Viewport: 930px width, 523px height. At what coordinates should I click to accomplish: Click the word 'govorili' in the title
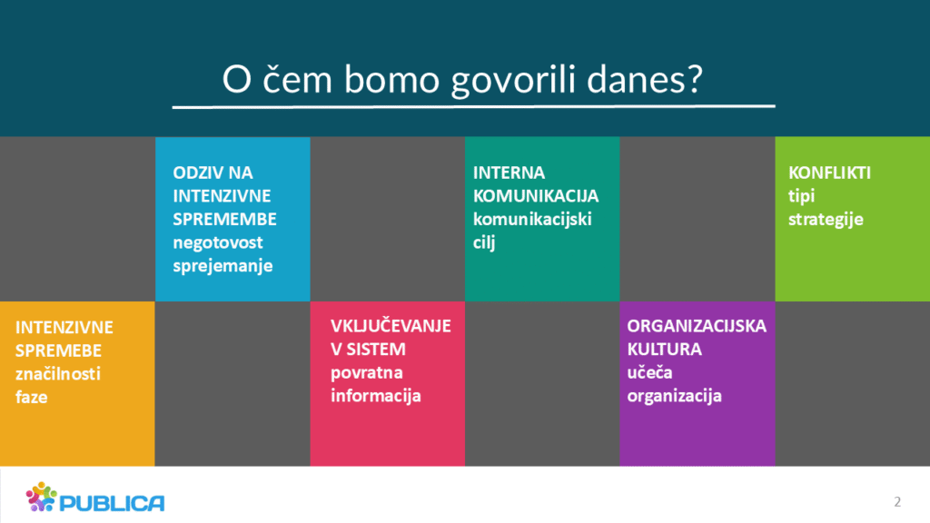point(514,80)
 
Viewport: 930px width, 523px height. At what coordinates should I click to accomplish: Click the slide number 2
point(897,501)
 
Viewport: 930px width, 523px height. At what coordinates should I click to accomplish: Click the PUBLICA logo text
point(112,503)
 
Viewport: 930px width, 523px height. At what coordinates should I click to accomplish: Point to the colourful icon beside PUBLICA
point(41,497)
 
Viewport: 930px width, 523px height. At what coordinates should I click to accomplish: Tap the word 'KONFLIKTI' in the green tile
point(829,173)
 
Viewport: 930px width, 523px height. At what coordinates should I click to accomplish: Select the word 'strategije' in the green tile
point(826,220)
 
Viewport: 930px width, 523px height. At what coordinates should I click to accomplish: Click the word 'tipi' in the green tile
point(801,196)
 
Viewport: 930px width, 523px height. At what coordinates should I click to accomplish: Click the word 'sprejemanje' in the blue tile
point(223,266)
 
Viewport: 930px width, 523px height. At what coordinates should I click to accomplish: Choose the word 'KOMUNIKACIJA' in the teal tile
point(536,196)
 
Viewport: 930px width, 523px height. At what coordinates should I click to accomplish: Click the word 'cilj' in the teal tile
point(484,242)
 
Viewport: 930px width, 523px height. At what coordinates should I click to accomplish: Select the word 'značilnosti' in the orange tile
point(58,374)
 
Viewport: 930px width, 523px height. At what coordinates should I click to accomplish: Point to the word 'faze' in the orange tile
point(32,398)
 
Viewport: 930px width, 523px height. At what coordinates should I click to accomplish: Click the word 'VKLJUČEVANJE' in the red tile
point(391,326)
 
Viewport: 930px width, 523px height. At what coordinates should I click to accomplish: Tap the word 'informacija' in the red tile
point(375,396)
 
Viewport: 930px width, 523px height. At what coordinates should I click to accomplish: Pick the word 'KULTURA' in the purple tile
point(664,350)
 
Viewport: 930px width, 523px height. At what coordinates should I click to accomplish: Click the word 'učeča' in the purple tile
point(649,372)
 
